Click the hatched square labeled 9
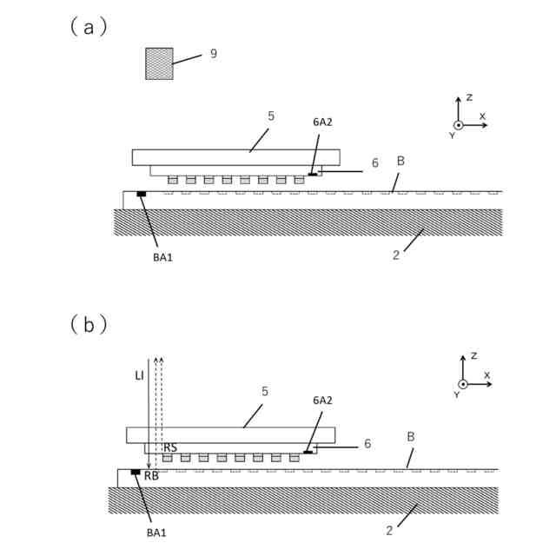pos(159,63)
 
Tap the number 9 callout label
pos(213,54)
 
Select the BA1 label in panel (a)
pos(162,258)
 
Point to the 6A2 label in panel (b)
pos(322,401)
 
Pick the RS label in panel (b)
pos(170,447)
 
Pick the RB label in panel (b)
pos(151,475)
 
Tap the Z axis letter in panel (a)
pos(469,98)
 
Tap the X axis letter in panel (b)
pos(486,374)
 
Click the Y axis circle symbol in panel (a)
pos(459,125)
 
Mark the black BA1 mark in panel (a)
pos(141,194)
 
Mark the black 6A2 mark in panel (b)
pos(308,453)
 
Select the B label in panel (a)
pos(400,161)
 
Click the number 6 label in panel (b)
pos(367,443)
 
